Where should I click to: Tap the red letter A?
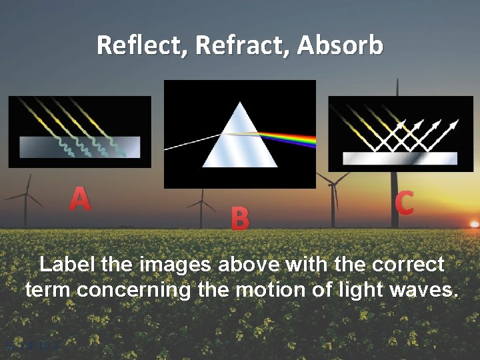pyautogui.click(x=80, y=199)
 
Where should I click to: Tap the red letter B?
pyautogui.click(x=240, y=218)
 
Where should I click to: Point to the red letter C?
pyautogui.click(x=404, y=203)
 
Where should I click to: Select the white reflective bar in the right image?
pyautogui.click(x=399, y=158)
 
